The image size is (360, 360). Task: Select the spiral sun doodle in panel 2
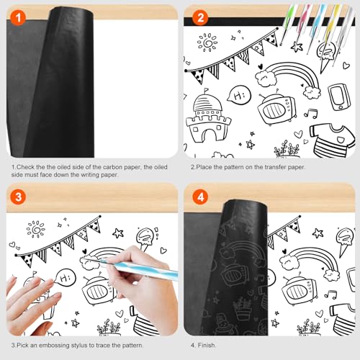pos(208,42)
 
